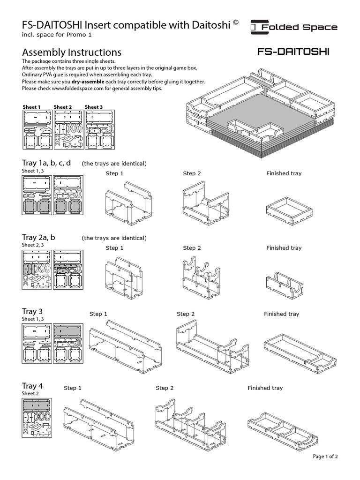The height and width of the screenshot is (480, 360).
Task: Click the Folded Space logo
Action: click(294, 27)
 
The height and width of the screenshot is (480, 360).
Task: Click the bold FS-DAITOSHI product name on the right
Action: click(293, 52)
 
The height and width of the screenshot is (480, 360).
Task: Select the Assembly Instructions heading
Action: click(72, 52)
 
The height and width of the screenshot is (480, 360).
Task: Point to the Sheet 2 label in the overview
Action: click(63, 107)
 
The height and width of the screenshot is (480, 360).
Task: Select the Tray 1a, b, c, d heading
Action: click(46, 163)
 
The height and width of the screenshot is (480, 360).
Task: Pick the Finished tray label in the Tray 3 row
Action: click(281, 314)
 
